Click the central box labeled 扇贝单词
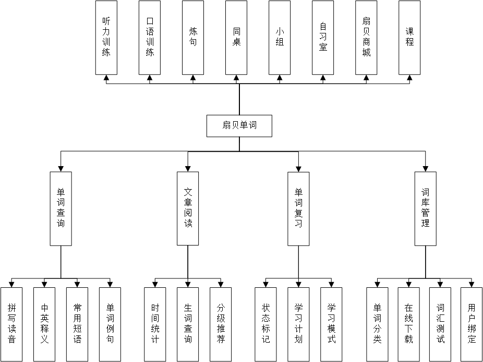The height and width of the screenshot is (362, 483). [x=239, y=125]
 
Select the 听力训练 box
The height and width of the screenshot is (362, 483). [x=106, y=38]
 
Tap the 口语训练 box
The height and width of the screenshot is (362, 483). [x=150, y=38]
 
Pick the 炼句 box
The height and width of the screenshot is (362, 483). [x=193, y=38]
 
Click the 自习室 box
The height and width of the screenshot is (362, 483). [x=323, y=38]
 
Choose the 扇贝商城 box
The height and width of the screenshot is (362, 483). [x=366, y=38]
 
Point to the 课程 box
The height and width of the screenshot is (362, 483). [x=409, y=38]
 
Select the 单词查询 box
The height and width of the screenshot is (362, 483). [x=61, y=208]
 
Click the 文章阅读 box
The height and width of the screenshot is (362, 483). [x=188, y=208]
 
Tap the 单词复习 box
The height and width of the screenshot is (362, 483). [x=298, y=208]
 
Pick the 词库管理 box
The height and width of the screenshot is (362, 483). [x=426, y=208]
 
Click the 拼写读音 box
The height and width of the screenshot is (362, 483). [x=11, y=324]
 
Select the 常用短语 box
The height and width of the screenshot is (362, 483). [x=77, y=324]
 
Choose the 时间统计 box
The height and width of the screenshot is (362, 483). [x=155, y=324]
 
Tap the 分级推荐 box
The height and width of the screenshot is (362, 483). [x=221, y=324]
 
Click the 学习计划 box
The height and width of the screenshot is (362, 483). [x=298, y=324]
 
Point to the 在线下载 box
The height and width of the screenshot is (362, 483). [x=408, y=324]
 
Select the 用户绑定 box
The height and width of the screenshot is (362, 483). [x=472, y=324]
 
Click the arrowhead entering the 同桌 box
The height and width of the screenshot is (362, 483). [x=236, y=78]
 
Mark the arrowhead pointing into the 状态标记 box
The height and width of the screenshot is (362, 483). [x=266, y=284]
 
